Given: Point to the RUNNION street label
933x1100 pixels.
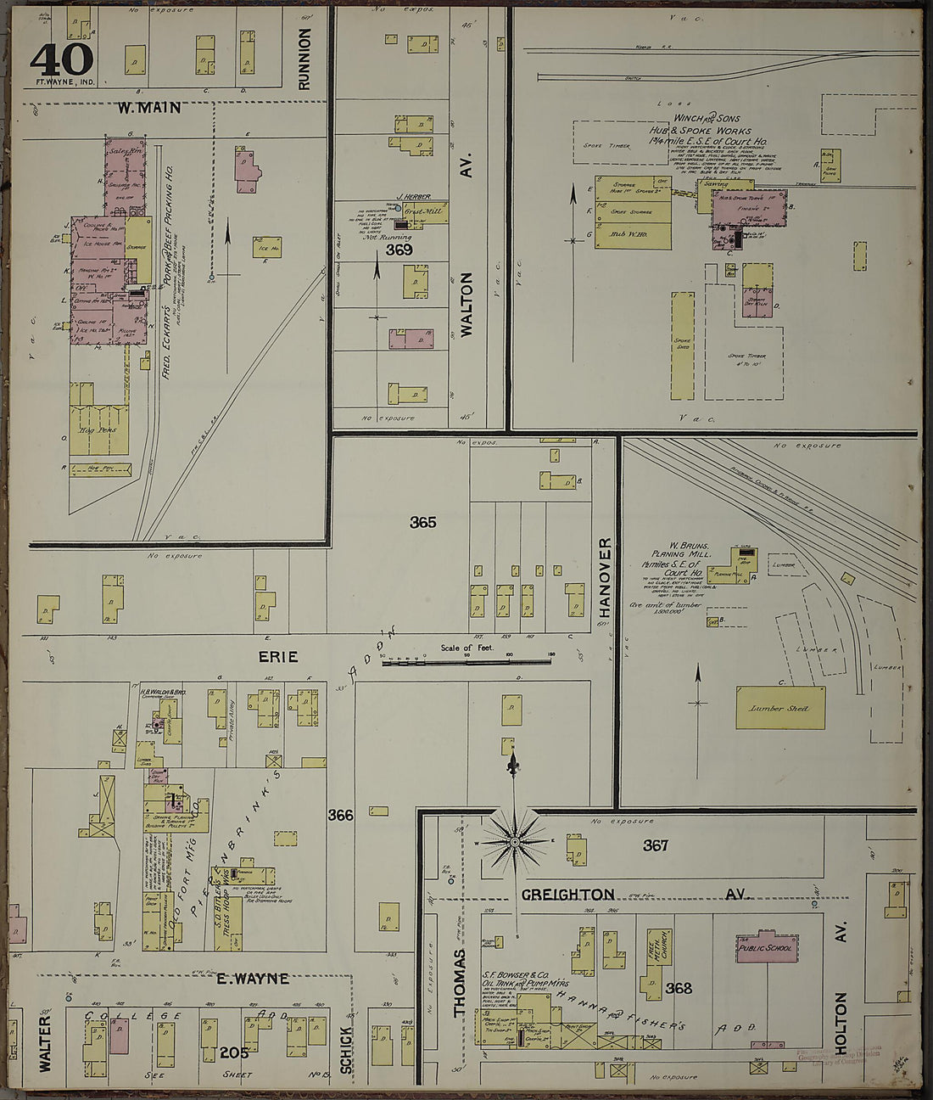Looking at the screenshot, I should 304,58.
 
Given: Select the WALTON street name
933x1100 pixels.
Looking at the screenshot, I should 465,305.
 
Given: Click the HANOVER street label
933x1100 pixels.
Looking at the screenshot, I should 605,576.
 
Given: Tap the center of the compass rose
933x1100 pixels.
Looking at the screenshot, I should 514,841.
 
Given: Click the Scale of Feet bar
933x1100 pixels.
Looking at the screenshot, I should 466,660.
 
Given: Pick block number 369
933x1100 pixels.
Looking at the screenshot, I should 399,250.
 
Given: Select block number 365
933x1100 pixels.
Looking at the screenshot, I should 422,522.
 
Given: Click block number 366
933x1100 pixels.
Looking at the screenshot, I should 340,815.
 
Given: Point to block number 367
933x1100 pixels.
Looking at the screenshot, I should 655,845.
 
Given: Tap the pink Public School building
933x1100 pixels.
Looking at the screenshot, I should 765,950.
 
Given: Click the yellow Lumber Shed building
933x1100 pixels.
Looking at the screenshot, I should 778,707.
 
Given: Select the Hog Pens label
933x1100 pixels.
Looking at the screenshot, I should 98,429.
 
